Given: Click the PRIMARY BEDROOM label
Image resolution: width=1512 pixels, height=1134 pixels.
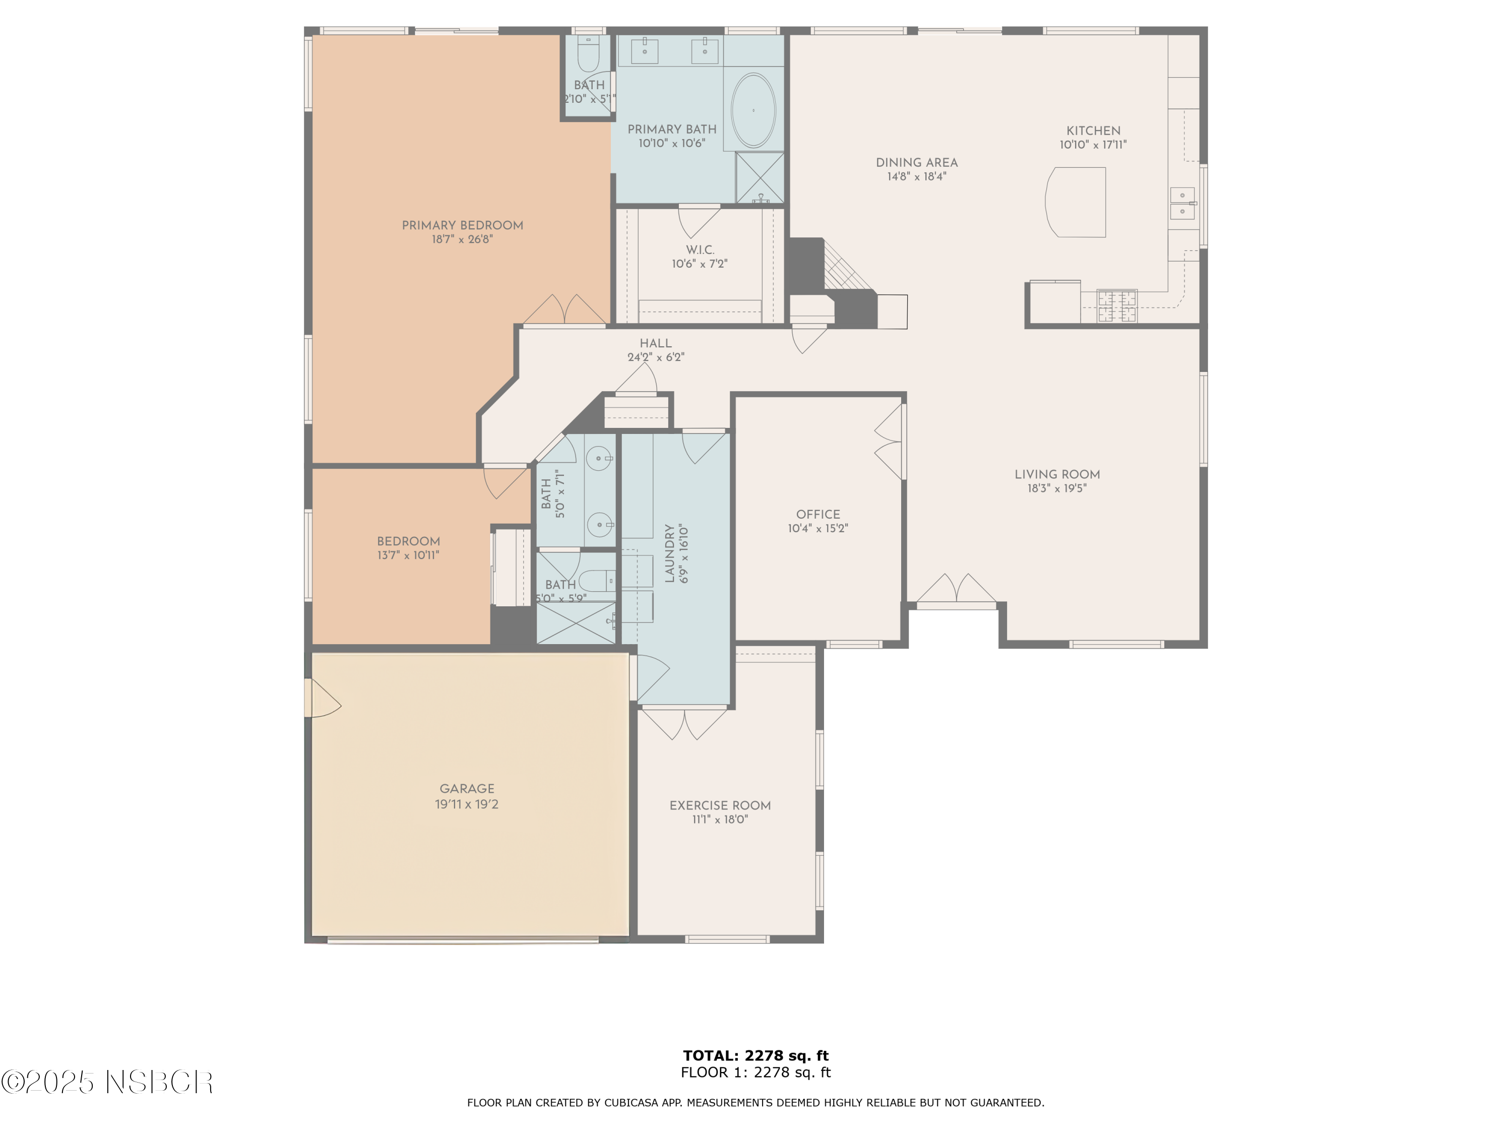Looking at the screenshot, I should pos(462,226).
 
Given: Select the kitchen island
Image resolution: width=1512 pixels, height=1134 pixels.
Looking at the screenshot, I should pos(1077,202).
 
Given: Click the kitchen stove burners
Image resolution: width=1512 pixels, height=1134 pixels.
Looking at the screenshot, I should pos(1117,305).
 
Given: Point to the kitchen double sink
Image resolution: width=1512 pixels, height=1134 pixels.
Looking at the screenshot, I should pos(1182,204).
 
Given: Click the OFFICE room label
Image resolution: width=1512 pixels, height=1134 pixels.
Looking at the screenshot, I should pos(817,515).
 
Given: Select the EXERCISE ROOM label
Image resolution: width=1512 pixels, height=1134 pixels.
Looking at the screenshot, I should pos(720,806).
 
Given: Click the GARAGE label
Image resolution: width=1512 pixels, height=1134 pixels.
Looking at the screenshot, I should pos(467,789).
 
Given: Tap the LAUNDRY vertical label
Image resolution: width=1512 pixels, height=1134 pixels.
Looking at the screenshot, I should pos(670,554).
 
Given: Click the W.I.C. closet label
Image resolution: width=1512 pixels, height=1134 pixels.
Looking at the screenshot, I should pos(700,250).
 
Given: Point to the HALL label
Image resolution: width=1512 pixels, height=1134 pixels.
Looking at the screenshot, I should pos(656,344).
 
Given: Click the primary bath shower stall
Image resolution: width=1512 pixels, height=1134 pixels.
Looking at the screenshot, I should pos(760,178).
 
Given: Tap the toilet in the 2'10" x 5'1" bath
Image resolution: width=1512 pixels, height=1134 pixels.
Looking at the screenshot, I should pos(588,53).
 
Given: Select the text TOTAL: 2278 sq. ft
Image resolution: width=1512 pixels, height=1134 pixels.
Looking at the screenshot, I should pos(755,1056).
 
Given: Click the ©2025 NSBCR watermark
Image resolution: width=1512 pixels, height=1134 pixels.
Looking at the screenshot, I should pos(107,1082).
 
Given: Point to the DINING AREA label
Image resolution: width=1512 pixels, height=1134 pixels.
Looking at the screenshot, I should pos(917,163).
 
